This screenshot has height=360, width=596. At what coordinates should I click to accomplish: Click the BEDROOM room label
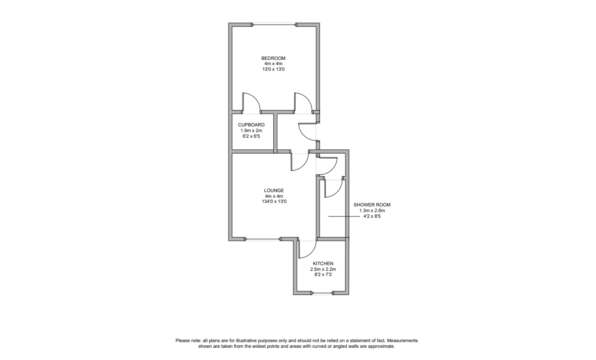pyautogui.click(x=273, y=58)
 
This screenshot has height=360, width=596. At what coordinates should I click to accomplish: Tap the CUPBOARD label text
pyautogui.click(x=251, y=125)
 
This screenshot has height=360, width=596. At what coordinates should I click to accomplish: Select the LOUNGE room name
pyautogui.click(x=274, y=191)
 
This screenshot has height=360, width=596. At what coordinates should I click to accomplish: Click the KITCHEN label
pyautogui.click(x=323, y=264)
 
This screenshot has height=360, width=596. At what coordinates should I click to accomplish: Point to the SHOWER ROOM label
pyautogui.click(x=372, y=205)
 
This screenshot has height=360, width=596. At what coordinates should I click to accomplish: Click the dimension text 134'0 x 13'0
pyautogui.click(x=274, y=202)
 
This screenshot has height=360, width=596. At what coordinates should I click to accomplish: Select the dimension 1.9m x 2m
pyautogui.click(x=251, y=131)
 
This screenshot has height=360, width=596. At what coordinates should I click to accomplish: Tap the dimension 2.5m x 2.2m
pyautogui.click(x=323, y=269)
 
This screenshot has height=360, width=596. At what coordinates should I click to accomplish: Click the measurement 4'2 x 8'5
pyautogui.click(x=372, y=216)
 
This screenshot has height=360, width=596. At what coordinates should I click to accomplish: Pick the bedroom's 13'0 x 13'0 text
pyautogui.click(x=273, y=69)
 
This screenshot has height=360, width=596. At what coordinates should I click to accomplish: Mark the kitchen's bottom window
pyautogui.click(x=322, y=293)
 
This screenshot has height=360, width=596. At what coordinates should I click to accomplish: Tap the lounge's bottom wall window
pyautogui.click(x=262, y=239)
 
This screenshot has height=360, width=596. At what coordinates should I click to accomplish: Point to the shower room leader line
pyautogui.click(x=343, y=216)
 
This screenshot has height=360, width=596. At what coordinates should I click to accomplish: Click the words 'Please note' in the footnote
pyautogui.click(x=188, y=341)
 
